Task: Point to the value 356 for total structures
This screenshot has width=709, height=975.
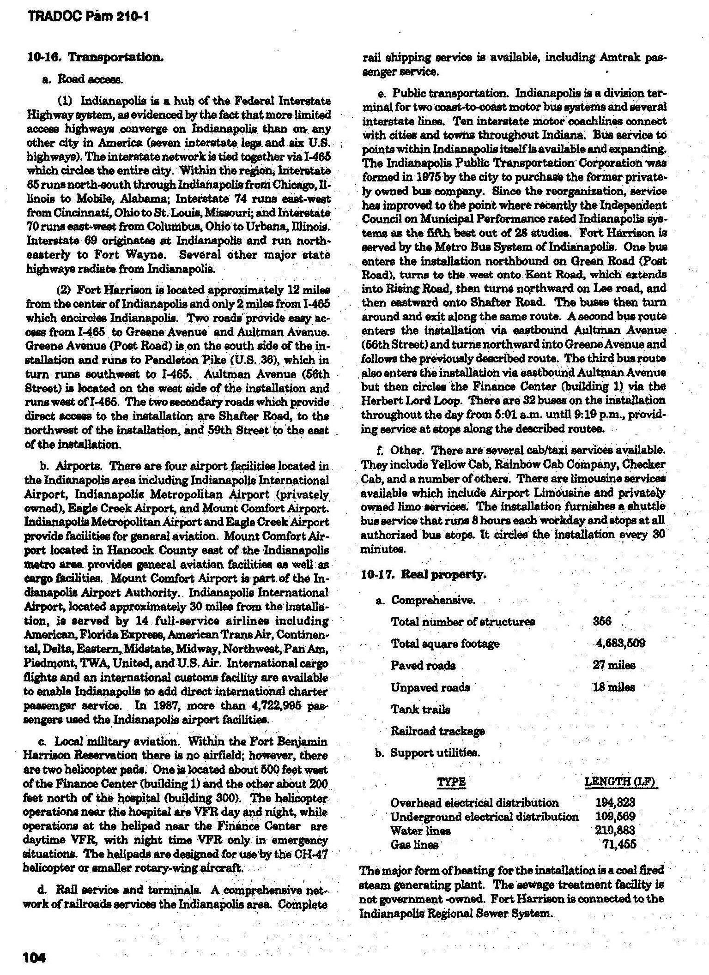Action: pos(602,621)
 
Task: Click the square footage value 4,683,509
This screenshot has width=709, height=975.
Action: pos(620,643)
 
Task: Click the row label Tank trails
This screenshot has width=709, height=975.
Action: pos(420,709)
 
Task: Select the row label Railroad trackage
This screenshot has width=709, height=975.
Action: pos(438,731)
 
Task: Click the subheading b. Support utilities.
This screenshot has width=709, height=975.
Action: pos(427,753)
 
